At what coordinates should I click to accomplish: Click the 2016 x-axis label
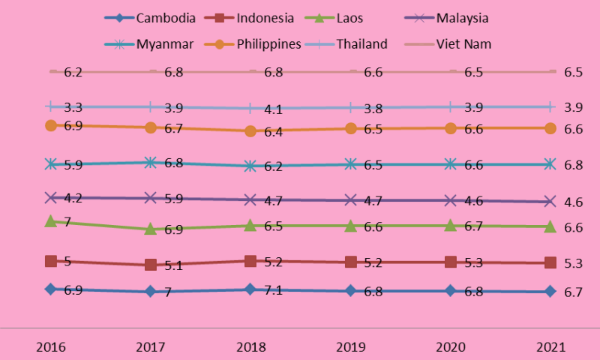(51, 347)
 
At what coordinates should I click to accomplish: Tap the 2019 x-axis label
(350, 347)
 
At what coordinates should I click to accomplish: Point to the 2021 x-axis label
(550, 347)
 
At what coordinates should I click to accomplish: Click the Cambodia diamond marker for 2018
(250, 289)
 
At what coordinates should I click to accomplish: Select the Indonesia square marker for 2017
(151, 265)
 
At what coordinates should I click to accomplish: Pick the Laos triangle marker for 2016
(51, 221)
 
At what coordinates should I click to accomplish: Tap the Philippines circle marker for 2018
(250, 131)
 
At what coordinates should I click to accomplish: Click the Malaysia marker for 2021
(550, 201)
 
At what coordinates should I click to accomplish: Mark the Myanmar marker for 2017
(151, 162)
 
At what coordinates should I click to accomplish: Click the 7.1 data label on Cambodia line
(273, 290)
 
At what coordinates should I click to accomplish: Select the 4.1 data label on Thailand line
(273, 109)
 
